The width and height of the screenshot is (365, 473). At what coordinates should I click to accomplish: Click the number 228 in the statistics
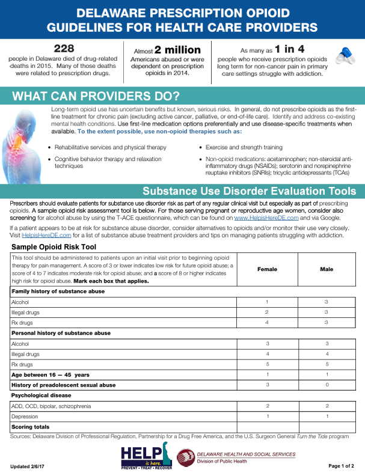coord(64,48)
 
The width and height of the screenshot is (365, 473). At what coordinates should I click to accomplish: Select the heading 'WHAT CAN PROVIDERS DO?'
coord(96,96)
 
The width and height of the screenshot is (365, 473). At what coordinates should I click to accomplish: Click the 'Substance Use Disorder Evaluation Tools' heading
coord(249,191)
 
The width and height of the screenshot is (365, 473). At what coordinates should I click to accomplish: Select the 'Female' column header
coord(266,269)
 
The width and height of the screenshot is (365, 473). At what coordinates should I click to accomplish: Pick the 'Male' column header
coord(327,269)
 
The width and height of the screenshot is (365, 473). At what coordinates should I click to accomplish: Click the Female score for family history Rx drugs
coord(266,323)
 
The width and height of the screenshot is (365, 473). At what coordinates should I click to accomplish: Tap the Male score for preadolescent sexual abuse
coord(327,385)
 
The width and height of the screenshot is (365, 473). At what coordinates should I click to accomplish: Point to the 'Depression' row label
coord(25,416)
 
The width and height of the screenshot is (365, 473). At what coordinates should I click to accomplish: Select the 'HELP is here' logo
coord(145,459)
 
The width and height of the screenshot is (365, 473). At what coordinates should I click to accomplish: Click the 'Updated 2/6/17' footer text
coord(28,466)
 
